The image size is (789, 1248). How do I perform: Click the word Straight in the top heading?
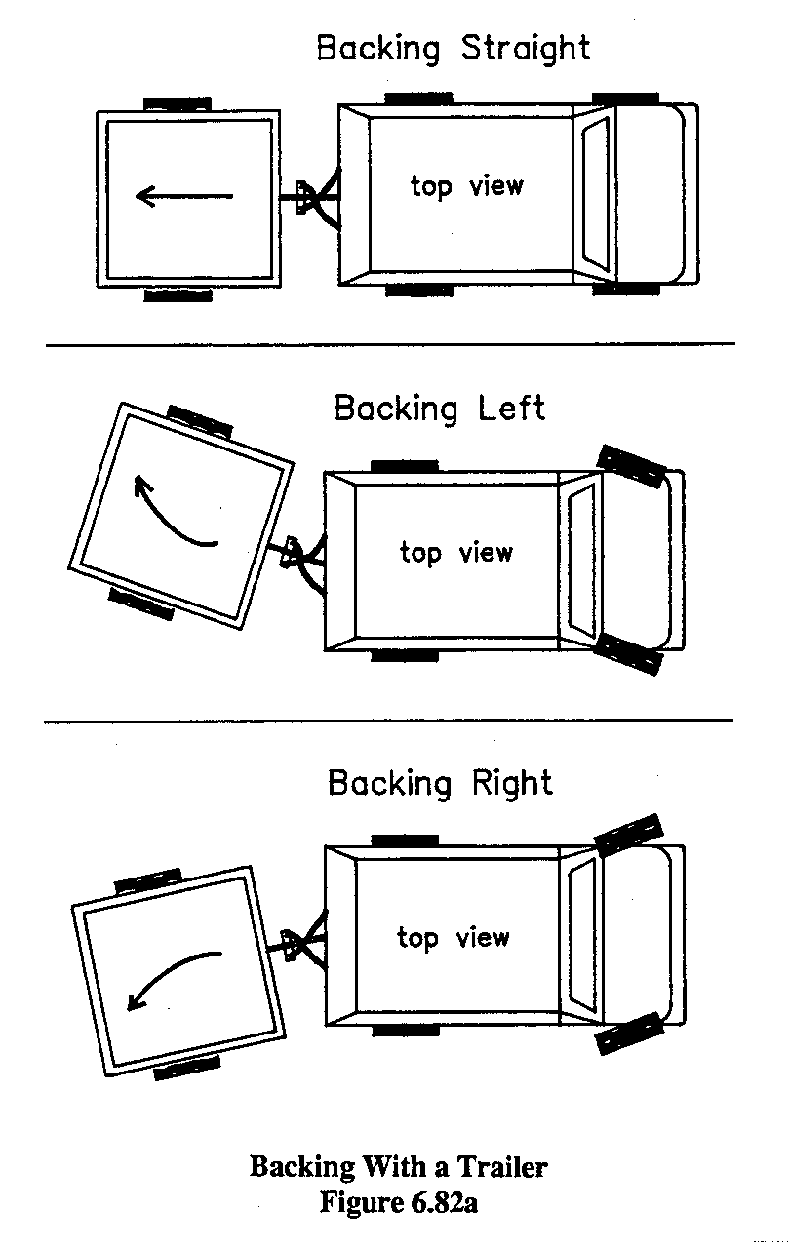click(x=525, y=48)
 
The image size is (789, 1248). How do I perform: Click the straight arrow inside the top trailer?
click(x=184, y=197)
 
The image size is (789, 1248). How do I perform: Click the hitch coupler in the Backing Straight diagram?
click(x=306, y=197)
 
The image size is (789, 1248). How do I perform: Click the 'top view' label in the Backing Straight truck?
click(x=466, y=185)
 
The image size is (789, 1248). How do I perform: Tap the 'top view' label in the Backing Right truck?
click(x=453, y=938)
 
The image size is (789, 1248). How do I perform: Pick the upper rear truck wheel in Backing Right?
click(x=404, y=839)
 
